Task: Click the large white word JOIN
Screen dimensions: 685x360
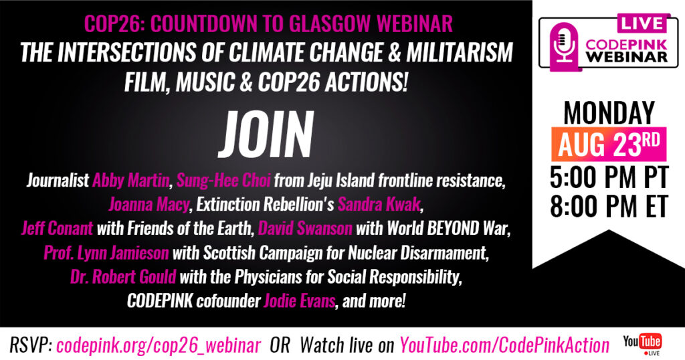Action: click(x=266, y=134)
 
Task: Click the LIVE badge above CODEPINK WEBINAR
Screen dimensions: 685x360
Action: click(x=642, y=23)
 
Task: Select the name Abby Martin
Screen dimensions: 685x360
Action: click(x=130, y=181)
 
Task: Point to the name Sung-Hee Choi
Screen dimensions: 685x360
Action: click(x=223, y=181)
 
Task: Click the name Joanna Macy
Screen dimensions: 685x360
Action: click(x=149, y=205)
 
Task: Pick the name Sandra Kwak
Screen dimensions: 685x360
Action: click(x=379, y=205)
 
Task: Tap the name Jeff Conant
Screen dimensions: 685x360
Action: click(x=58, y=228)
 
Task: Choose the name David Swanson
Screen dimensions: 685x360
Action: click(x=305, y=228)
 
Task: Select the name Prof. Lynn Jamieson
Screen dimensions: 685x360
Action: click(x=106, y=252)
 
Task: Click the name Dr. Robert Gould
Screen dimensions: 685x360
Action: click(x=123, y=276)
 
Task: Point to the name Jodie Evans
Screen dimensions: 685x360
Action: click(x=299, y=301)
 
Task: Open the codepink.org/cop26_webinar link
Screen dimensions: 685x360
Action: click(x=159, y=345)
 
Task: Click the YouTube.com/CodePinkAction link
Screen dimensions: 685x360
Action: click(x=504, y=345)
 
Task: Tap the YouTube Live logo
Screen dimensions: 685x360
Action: click(x=642, y=344)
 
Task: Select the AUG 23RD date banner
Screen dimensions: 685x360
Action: click(x=609, y=145)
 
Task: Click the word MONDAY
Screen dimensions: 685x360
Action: click(x=609, y=112)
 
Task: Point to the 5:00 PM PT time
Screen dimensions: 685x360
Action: click(x=609, y=177)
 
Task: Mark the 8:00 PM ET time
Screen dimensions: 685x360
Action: click(x=609, y=206)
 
